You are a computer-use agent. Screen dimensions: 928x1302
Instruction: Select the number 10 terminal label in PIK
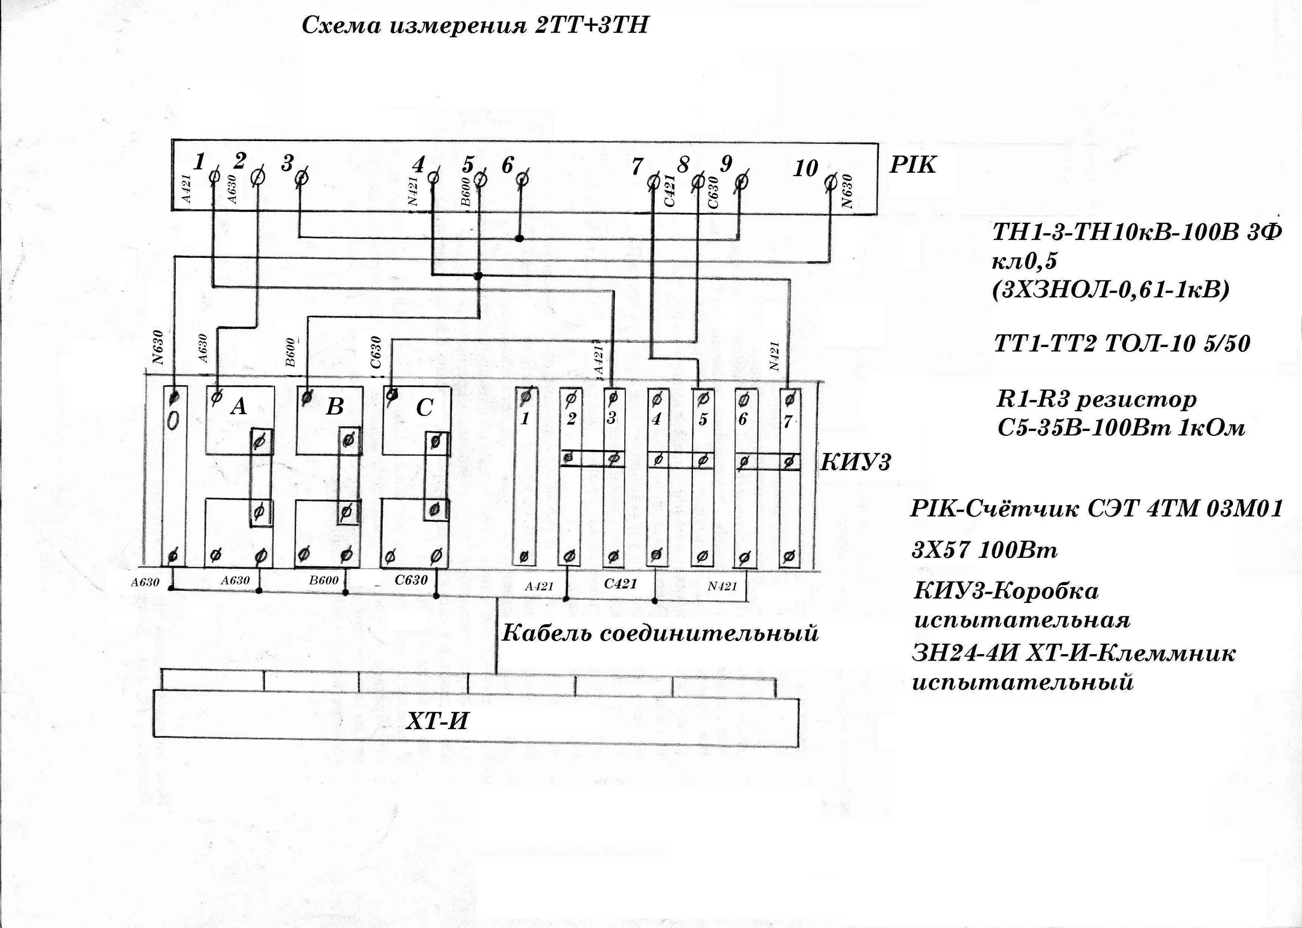(x=806, y=168)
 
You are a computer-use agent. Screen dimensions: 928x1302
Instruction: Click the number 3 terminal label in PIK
(x=287, y=164)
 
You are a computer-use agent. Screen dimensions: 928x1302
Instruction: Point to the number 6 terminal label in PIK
(x=507, y=166)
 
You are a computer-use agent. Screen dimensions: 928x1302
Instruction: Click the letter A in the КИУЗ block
(x=239, y=406)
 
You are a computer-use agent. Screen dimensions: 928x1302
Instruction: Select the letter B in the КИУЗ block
(x=335, y=407)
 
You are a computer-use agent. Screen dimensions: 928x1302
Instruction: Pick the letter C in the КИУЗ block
(x=424, y=408)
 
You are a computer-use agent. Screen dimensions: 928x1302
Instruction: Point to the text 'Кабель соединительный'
(x=660, y=633)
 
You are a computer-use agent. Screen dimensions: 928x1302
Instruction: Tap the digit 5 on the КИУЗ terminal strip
(x=703, y=419)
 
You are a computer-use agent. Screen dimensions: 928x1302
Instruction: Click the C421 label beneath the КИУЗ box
(x=621, y=583)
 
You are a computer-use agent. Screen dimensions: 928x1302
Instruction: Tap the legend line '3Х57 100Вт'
(x=984, y=550)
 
